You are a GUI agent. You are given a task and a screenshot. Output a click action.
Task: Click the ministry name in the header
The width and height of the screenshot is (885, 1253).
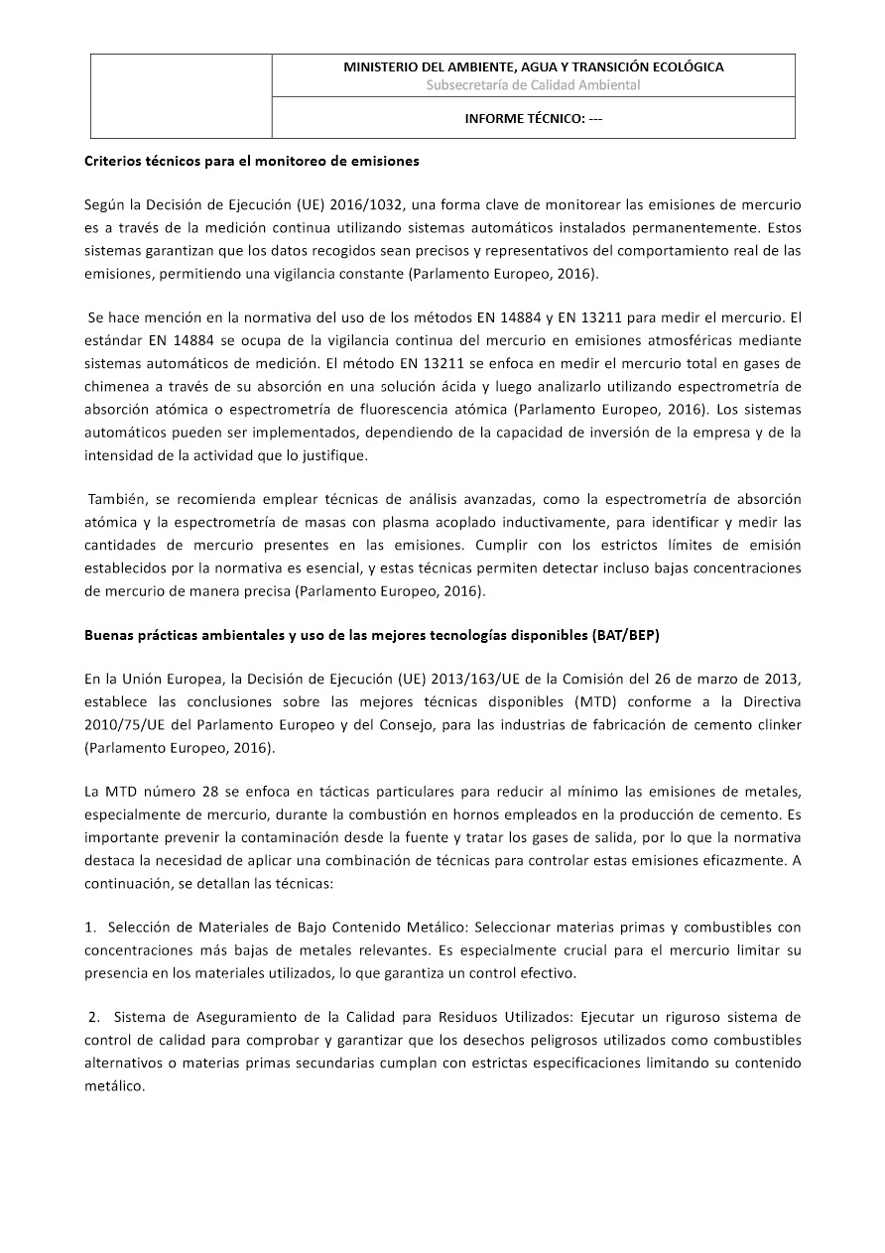click(533, 66)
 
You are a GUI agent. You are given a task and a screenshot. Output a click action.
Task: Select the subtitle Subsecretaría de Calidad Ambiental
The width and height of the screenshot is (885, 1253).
click(533, 85)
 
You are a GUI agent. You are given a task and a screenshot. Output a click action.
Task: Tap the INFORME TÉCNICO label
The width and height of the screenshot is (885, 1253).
click(533, 118)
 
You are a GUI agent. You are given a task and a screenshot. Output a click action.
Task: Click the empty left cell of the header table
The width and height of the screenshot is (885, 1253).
click(182, 96)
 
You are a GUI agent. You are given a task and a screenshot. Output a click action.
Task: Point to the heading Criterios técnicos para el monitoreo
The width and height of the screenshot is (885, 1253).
click(251, 160)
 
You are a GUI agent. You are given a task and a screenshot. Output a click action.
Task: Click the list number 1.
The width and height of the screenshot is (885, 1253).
click(90, 927)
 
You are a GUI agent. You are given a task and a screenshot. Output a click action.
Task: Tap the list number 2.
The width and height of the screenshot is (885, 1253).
click(93, 1017)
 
